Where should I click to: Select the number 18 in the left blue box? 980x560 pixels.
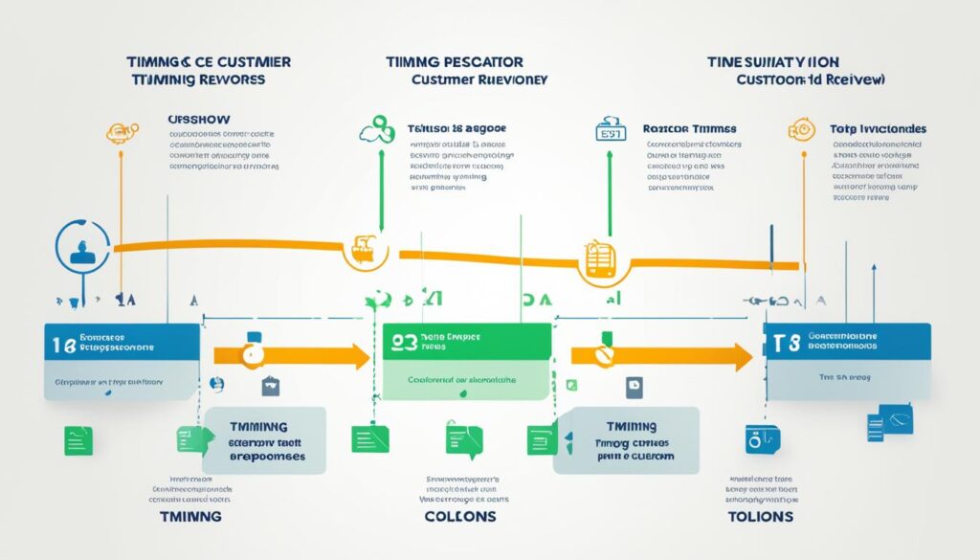pyautogui.click(x=62, y=347)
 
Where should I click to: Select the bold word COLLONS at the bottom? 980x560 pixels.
pyautogui.click(x=460, y=516)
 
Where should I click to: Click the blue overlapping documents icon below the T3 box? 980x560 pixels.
pyautogui.click(x=889, y=421)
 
